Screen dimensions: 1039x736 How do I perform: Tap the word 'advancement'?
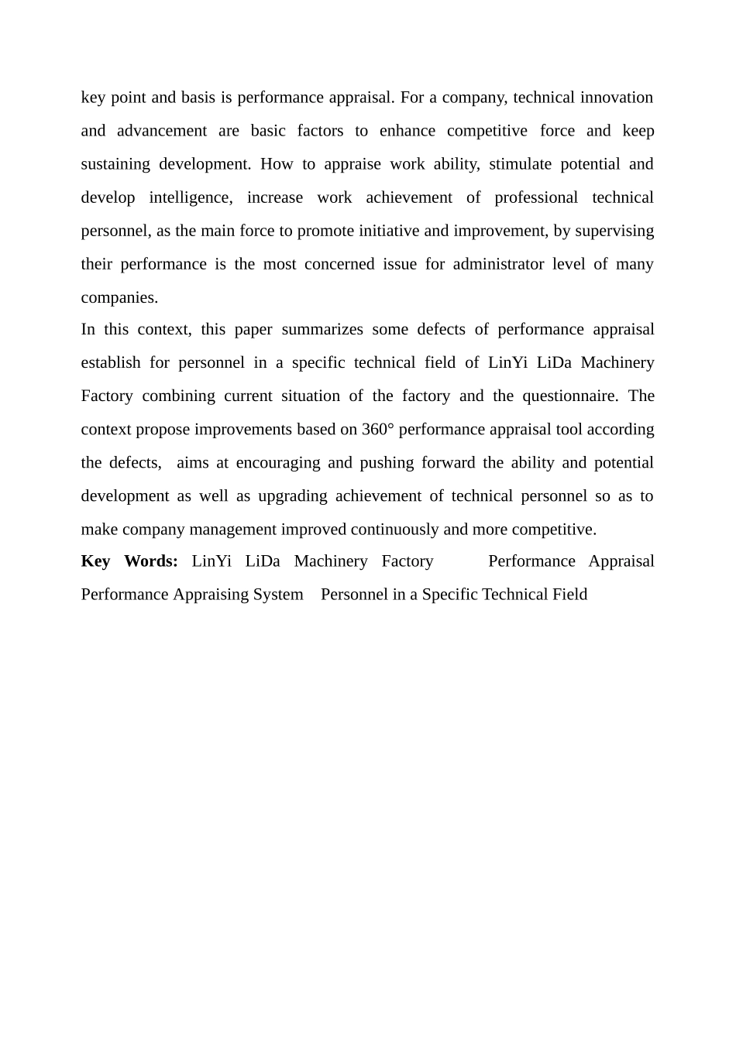162,131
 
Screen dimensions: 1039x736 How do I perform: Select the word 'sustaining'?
115,164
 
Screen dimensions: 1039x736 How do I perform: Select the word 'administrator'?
498,264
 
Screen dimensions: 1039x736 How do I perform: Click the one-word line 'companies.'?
119,297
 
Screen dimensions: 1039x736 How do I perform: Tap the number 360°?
378,429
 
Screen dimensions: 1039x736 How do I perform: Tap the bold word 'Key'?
95,561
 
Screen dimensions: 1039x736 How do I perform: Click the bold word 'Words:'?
151,561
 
